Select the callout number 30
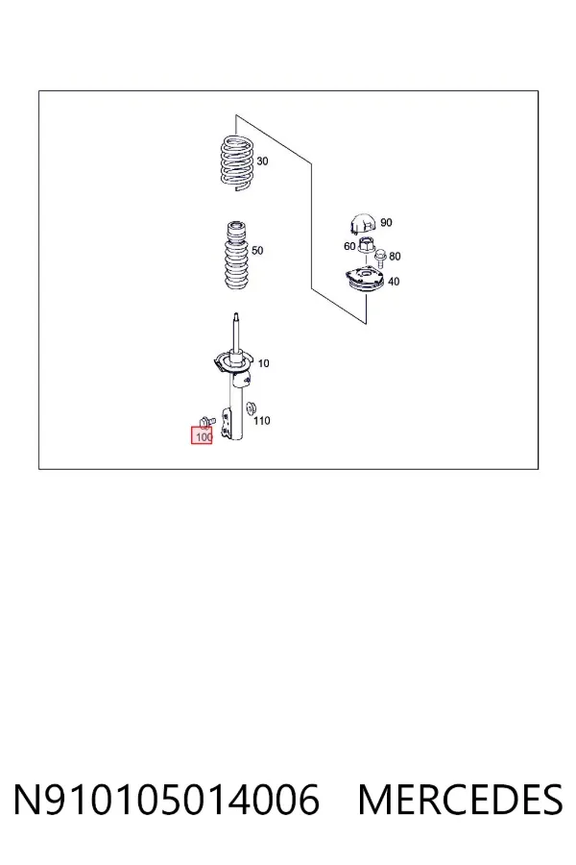point(262,161)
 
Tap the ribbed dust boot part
point(236,255)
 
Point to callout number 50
point(257,251)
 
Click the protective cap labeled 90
point(363,223)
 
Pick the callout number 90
point(386,222)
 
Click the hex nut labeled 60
point(366,244)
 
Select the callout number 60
point(349,246)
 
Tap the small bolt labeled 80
point(380,257)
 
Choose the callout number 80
point(395,257)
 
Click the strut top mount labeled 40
point(365,280)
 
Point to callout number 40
point(394,282)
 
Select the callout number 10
point(263,363)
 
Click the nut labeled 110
point(252,408)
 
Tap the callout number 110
point(262,421)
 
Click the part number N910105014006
point(166,800)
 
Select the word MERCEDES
point(460,800)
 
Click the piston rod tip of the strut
point(236,315)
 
